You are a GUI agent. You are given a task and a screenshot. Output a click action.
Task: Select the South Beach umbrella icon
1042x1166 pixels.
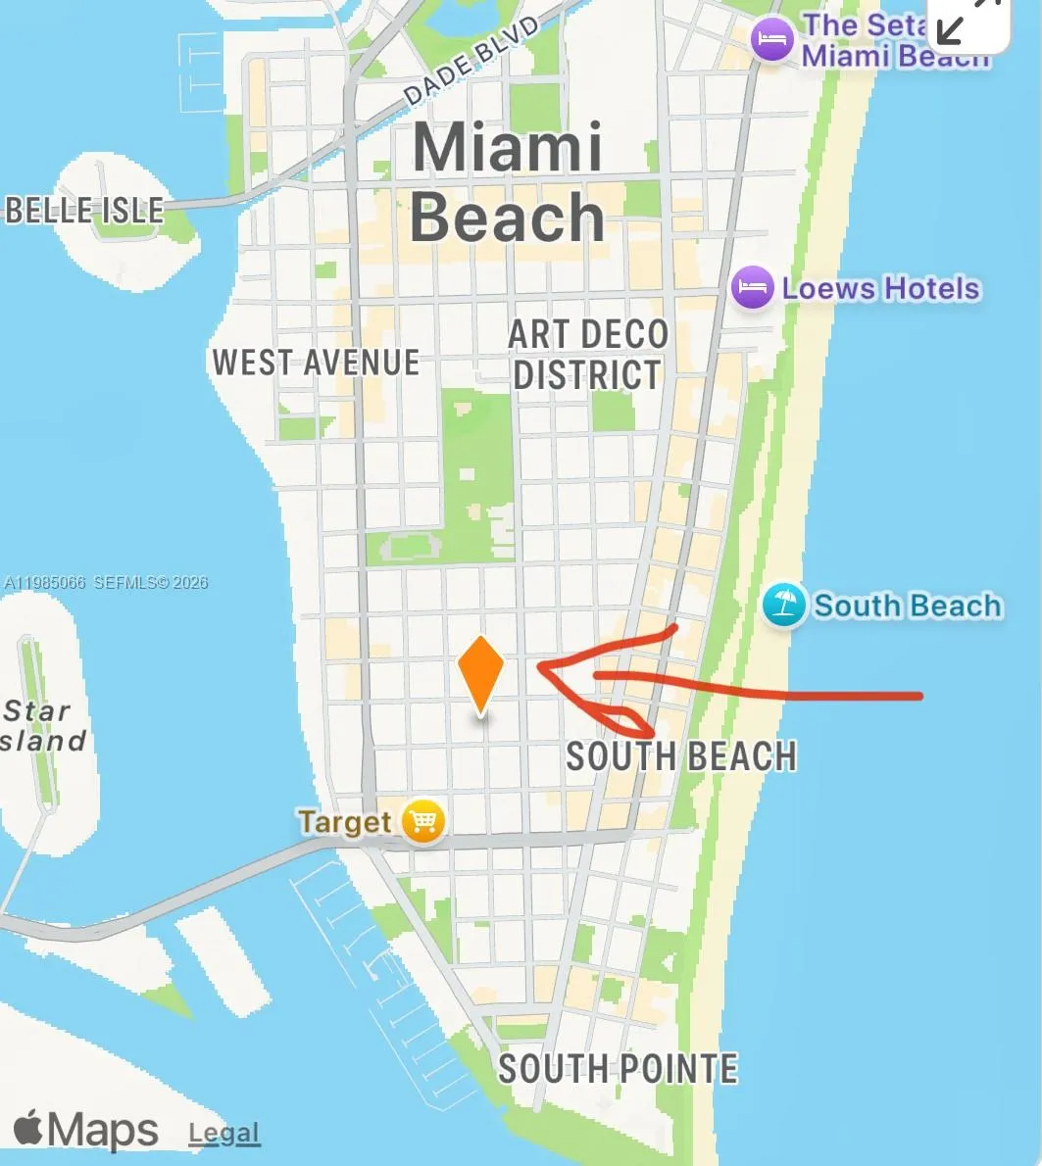(x=784, y=606)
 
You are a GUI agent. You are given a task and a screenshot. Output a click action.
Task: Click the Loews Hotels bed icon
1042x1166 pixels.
(x=753, y=288)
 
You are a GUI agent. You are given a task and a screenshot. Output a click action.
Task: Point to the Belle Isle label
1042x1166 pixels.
(x=85, y=210)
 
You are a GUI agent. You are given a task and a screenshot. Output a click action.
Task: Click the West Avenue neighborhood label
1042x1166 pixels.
(x=316, y=363)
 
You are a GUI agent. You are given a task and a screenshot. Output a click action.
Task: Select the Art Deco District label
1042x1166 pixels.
(x=587, y=355)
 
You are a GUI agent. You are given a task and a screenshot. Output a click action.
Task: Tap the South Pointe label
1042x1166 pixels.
(x=618, y=1068)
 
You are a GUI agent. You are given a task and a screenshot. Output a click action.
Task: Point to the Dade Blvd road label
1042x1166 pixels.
(x=471, y=61)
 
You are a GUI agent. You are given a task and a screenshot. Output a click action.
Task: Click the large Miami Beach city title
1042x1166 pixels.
(x=507, y=182)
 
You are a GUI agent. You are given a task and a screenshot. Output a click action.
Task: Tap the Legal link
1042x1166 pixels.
(x=224, y=1134)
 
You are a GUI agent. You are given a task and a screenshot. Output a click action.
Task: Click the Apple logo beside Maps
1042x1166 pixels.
(x=28, y=1128)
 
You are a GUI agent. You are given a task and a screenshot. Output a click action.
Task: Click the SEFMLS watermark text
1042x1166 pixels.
(x=106, y=582)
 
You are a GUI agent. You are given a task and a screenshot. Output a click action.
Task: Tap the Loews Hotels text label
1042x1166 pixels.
(x=880, y=289)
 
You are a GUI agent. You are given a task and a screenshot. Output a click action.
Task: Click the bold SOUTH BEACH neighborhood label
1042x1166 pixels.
(x=681, y=756)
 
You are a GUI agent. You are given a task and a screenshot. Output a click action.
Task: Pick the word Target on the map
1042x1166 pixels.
(x=345, y=821)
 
